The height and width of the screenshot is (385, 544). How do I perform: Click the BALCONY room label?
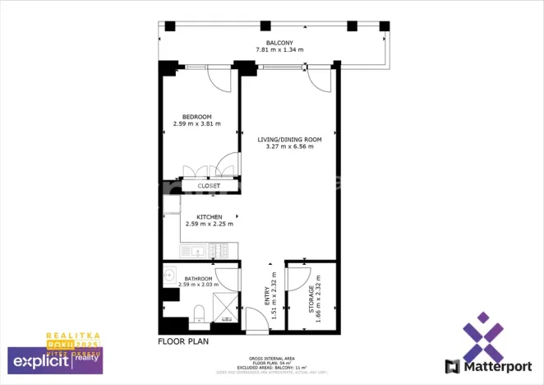coord(279,42)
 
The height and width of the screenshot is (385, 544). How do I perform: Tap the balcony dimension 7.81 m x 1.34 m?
coord(279,50)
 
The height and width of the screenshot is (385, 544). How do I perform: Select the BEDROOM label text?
coord(197,116)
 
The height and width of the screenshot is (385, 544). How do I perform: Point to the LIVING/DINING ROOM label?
coord(289,140)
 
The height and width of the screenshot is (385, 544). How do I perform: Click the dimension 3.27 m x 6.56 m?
coord(289,147)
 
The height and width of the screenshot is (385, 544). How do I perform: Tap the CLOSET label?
coord(209,186)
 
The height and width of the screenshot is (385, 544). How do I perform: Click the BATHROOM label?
coord(199,278)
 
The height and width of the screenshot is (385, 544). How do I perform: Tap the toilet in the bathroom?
coord(198,312)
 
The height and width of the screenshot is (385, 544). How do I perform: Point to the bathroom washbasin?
coord(169,276)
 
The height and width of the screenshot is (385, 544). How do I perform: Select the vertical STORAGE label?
coord(311,299)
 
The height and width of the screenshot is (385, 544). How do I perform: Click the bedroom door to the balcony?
coord(218,78)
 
